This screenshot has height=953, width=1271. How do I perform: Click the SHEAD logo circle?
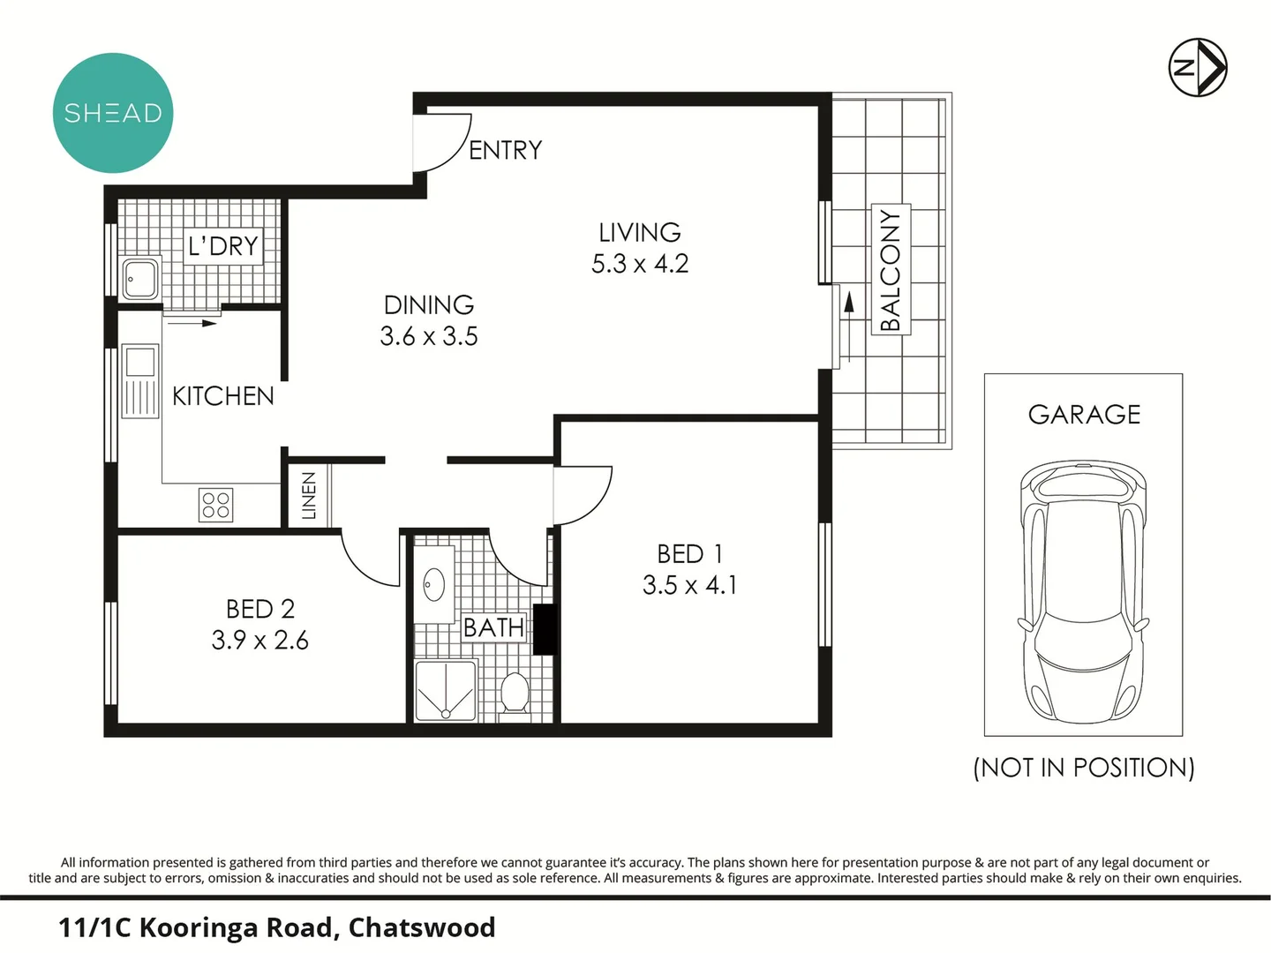113,113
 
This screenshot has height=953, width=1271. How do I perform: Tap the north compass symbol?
1198,67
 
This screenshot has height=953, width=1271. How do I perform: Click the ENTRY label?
505,151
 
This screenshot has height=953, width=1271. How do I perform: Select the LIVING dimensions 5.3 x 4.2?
640,264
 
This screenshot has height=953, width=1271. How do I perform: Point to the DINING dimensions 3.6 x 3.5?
429,336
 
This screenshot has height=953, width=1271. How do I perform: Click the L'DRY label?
223,245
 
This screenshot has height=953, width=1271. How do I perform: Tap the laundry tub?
140,278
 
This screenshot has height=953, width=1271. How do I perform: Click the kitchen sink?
140,381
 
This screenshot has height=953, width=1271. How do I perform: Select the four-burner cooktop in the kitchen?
216,505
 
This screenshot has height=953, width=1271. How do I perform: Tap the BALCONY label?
891,270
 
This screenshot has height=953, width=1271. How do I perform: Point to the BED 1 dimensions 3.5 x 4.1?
689,585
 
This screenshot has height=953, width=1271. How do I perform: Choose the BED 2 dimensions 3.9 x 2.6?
259,640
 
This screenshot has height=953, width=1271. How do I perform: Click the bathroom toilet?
514,693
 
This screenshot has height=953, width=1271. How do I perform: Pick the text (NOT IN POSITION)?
1083,768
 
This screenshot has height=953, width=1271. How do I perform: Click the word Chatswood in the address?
422,927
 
